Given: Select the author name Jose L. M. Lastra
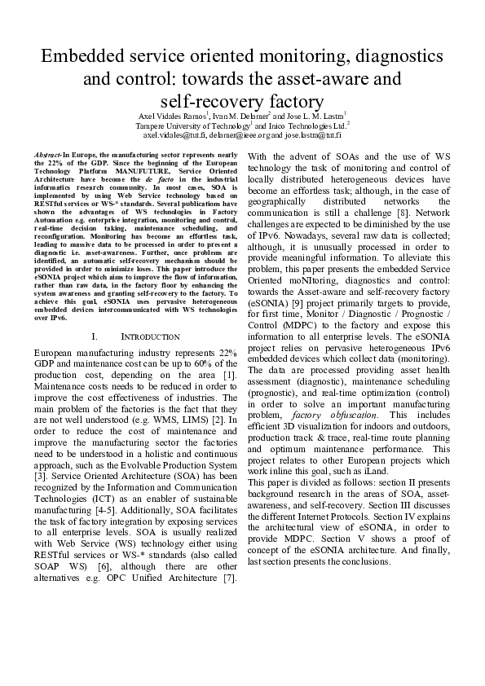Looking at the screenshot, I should point(313,116).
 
